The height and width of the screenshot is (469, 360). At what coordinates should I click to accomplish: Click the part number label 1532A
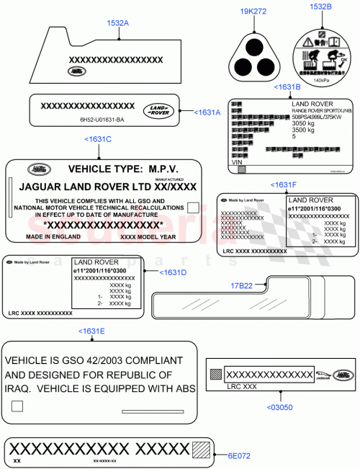click(117, 23)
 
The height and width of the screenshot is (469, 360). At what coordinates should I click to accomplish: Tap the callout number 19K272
click(253, 12)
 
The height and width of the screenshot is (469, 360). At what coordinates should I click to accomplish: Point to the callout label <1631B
click(287, 87)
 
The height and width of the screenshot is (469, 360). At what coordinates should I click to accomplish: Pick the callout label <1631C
click(98, 139)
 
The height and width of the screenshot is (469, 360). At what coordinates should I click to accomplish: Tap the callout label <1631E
click(91, 331)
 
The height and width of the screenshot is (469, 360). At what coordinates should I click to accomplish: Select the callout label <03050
click(280, 408)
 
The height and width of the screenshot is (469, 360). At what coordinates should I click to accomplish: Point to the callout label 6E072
click(240, 455)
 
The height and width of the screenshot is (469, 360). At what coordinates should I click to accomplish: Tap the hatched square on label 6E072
click(202, 450)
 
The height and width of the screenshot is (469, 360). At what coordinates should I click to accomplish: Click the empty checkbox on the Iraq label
click(17, 407)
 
